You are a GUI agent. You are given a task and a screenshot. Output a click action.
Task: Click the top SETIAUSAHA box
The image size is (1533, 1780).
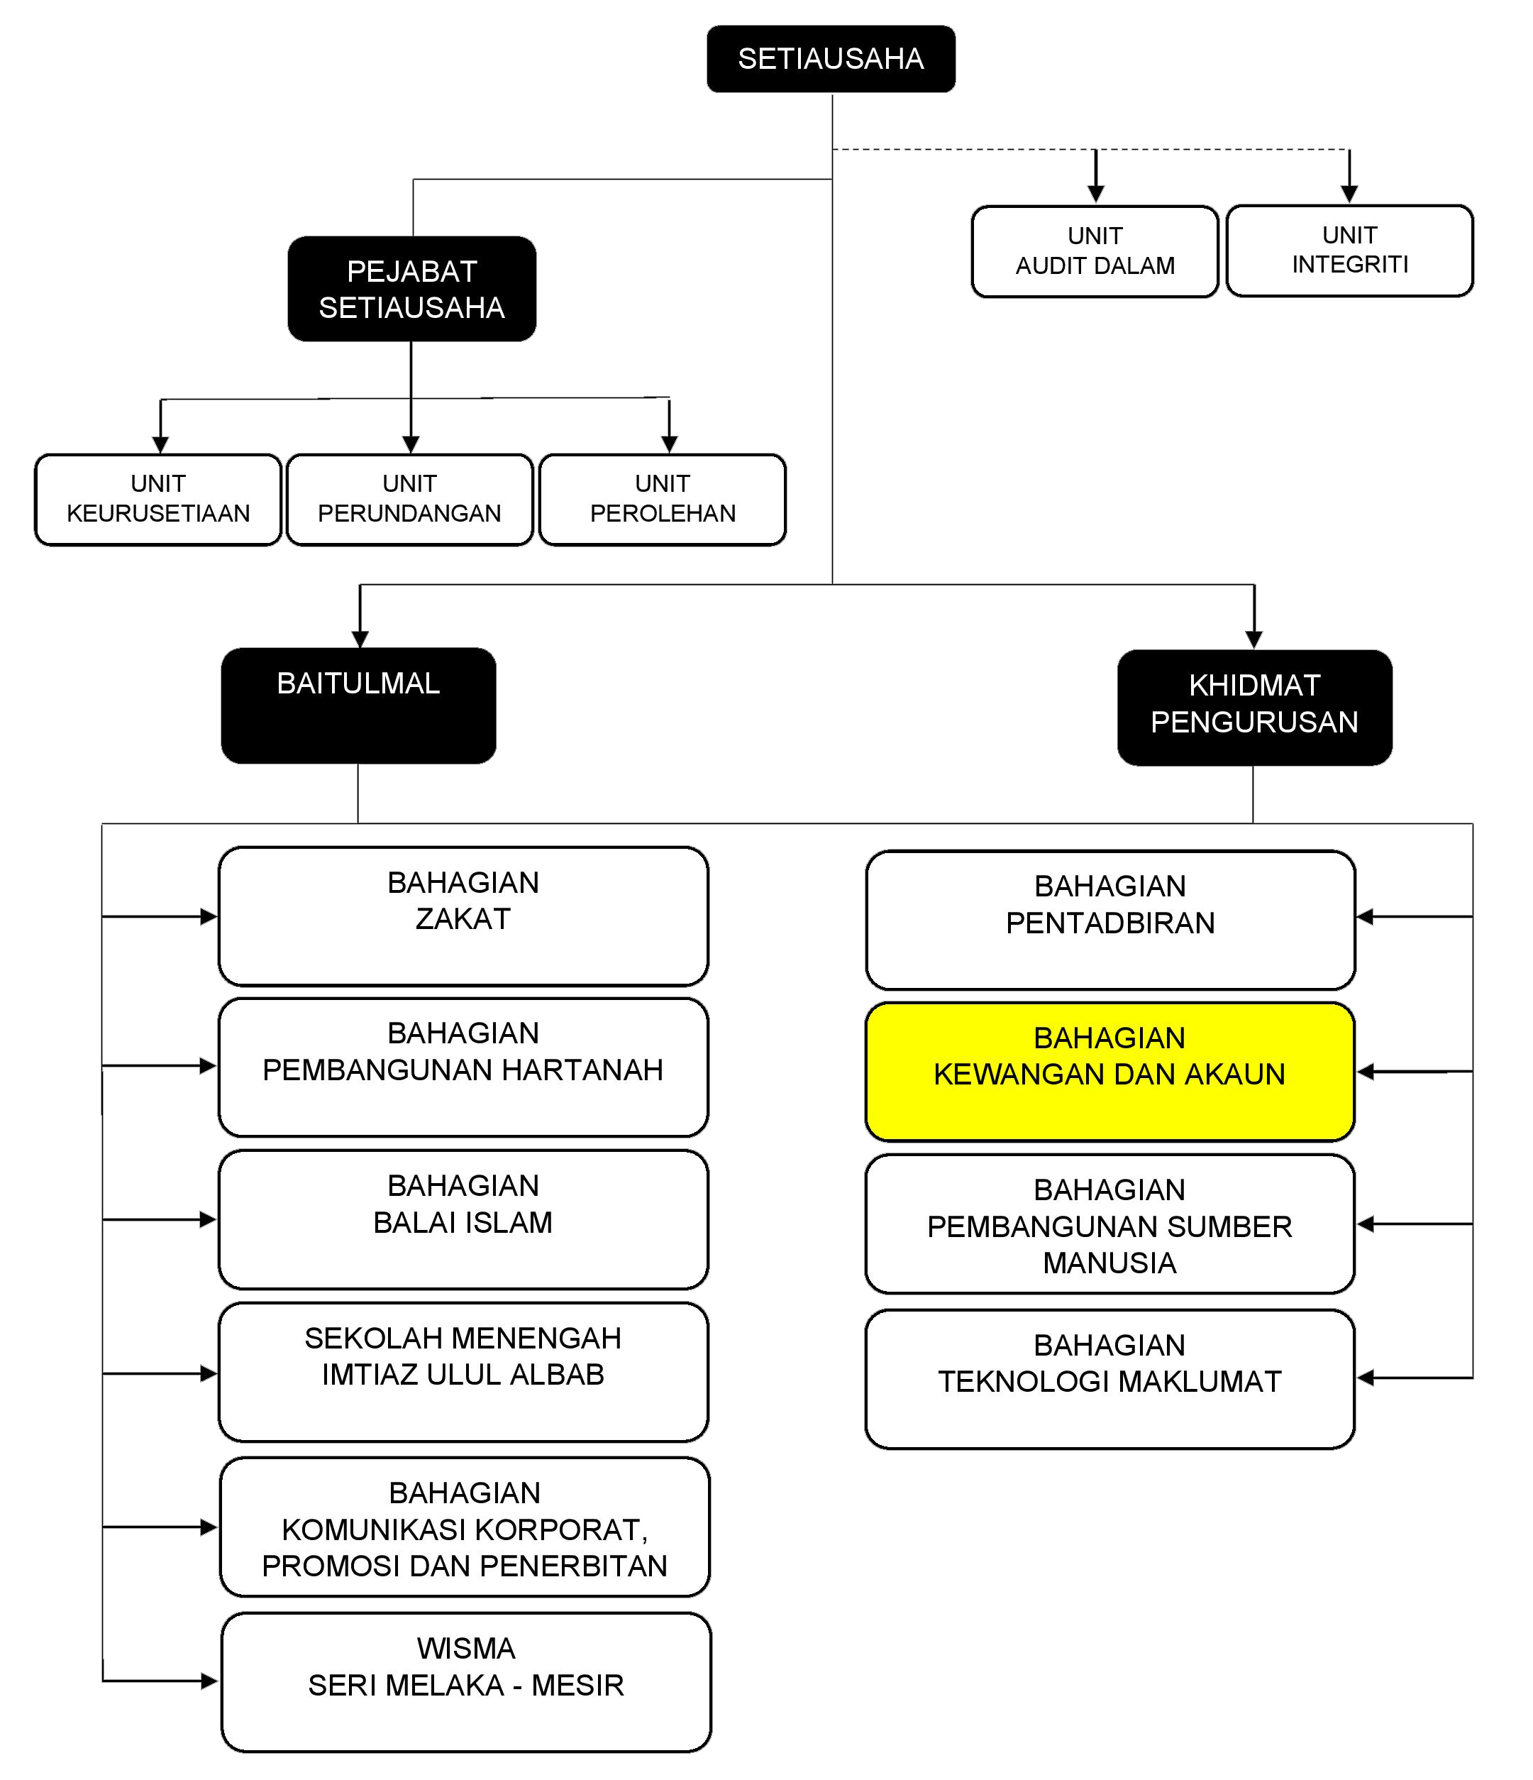coord(831,58)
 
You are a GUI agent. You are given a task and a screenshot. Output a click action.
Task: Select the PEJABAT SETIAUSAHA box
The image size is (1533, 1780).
coord(411,289)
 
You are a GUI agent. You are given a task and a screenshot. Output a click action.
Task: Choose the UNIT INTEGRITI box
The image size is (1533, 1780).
coord(1349,250)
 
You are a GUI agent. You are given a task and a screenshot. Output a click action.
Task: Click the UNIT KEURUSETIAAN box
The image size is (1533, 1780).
coord(158,499)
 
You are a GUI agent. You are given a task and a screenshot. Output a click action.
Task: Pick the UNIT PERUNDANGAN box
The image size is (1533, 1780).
coord(409,499)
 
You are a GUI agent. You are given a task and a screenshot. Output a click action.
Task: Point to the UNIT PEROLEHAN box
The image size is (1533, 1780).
coord(662,499)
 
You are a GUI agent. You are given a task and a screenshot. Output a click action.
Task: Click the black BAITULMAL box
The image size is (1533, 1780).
coord(358,705)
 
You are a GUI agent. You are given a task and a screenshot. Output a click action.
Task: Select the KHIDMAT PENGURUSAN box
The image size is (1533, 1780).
coord(1254,707)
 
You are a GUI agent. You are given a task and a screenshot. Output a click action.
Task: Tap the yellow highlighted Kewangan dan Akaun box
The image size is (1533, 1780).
coord(1109,1071)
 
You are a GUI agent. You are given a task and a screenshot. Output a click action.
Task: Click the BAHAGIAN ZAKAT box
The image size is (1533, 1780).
coord(463,916)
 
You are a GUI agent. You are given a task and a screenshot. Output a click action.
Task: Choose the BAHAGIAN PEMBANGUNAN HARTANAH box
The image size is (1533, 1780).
coord(463,1067)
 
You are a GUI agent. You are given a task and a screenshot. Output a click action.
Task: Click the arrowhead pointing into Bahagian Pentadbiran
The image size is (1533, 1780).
coord(1365,917)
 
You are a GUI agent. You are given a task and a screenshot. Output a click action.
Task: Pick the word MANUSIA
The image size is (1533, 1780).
coord(1109,1263)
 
